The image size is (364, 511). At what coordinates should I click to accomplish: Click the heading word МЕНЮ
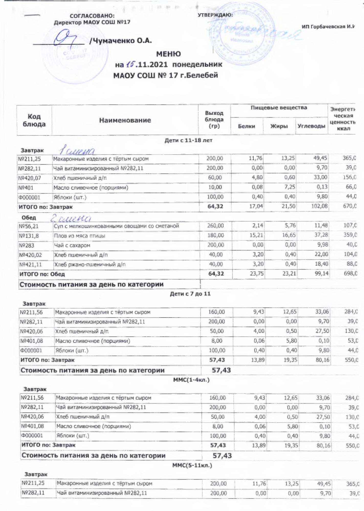click(168, 54)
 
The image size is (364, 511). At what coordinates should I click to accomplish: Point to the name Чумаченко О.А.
click(120, 41)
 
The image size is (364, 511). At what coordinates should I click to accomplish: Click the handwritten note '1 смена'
click(77, 150)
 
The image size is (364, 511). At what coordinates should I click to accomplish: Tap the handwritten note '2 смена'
click(71, 218)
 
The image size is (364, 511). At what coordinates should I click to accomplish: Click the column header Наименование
click(125, 120)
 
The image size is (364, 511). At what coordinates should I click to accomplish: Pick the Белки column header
click(246, 126)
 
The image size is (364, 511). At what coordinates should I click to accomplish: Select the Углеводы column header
click(311, 126)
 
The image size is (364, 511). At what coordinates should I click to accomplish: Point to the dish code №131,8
click(29, 236)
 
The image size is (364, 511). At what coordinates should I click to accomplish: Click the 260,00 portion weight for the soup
click(216, 226)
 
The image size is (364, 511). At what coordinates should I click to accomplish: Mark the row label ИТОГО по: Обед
click(42, 274)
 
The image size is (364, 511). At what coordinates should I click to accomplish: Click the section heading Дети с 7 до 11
click(190, 294)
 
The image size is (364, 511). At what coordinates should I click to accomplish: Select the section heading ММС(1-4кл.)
click(191, 380)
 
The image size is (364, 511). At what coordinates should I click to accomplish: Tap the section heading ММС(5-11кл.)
click(192, 465)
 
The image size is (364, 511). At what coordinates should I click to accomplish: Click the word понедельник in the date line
click(197, 64)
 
